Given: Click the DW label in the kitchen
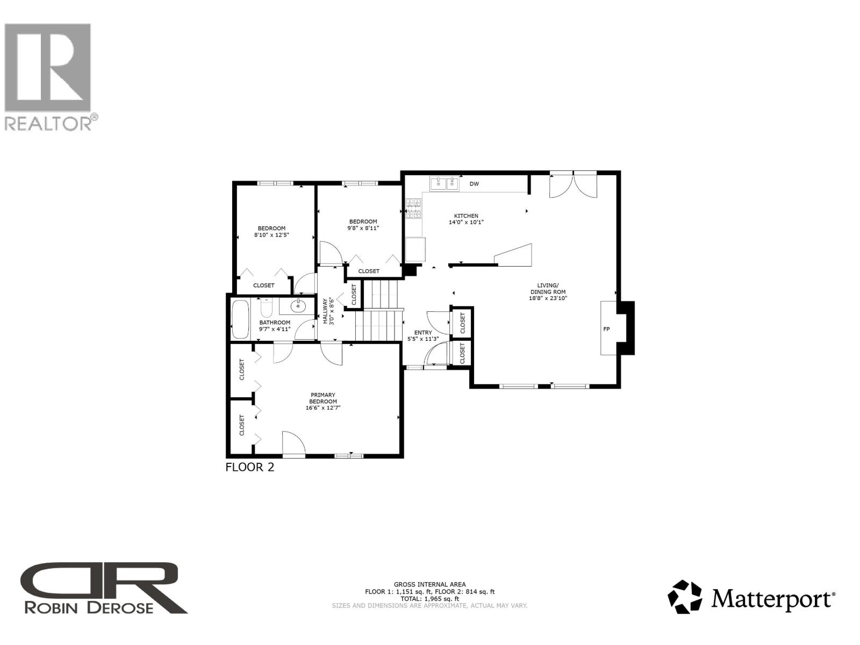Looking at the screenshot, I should pos(474,184).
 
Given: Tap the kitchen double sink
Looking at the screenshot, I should pos(445,184).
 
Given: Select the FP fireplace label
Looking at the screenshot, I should pos(606,329).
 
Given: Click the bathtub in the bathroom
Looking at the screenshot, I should pos(240,319).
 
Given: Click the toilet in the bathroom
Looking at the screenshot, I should pos(267,308).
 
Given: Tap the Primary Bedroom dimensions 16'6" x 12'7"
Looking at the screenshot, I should pos(323,408).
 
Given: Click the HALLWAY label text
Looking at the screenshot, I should pos(325,311).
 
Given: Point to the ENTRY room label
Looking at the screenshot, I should pos(423,333).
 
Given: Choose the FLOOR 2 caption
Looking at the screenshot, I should pos(250,467).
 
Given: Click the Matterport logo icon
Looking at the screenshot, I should pos(684,597).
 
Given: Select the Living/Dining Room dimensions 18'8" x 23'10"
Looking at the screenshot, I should pos(548,298).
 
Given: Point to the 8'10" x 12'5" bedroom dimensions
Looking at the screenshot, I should pos(271,235).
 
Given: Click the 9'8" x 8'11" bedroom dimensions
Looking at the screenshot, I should pos(363,228).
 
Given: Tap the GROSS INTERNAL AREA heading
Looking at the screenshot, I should pos(429,584).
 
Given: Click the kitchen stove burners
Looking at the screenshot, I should pos(414,209).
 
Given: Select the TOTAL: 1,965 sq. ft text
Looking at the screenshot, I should pos(429,598).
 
